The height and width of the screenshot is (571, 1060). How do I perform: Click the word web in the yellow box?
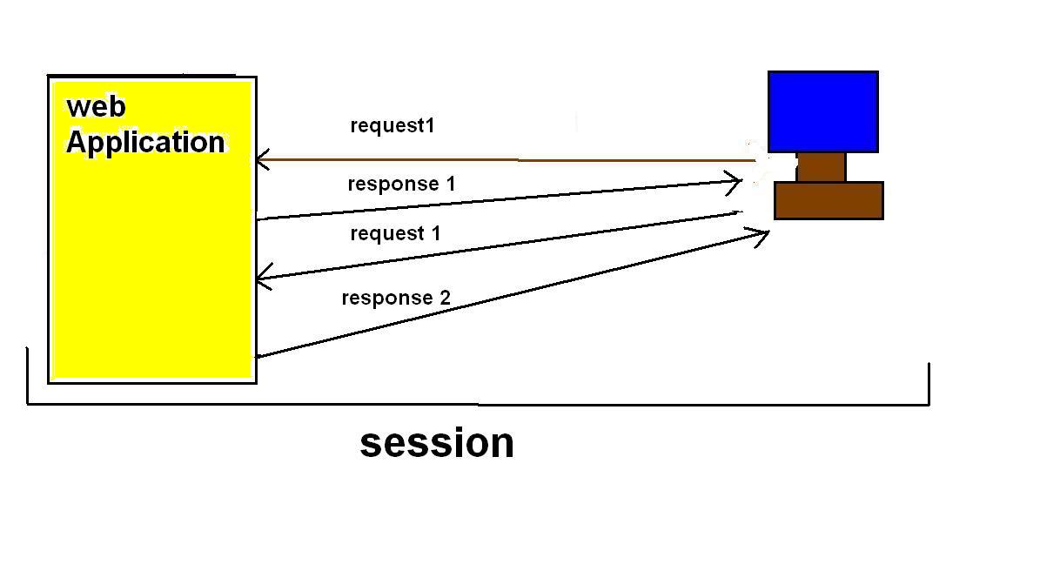tap(97, 106)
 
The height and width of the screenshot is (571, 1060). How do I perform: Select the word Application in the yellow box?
tap(145, 142)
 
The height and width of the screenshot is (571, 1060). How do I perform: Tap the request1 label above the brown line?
tap(392, 125)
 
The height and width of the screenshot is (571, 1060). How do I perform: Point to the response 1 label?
tap(401, 184)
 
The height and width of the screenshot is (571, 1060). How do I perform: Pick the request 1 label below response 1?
tap(395, 233)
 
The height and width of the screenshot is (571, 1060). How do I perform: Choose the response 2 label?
tap(396, 298)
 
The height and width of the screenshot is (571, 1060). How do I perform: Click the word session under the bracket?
tap(437, 442)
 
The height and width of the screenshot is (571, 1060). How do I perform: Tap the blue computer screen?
tap(822, 111)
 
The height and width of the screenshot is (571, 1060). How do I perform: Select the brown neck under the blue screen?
tap(821, 167)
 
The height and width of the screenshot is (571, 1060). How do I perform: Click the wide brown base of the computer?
tap(829, 200)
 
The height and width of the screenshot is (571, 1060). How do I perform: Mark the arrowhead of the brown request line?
tap(259, 160)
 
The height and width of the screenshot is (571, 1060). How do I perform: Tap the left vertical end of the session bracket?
tap(28, 374)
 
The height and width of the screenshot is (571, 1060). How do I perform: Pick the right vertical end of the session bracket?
tap(929, 383)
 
